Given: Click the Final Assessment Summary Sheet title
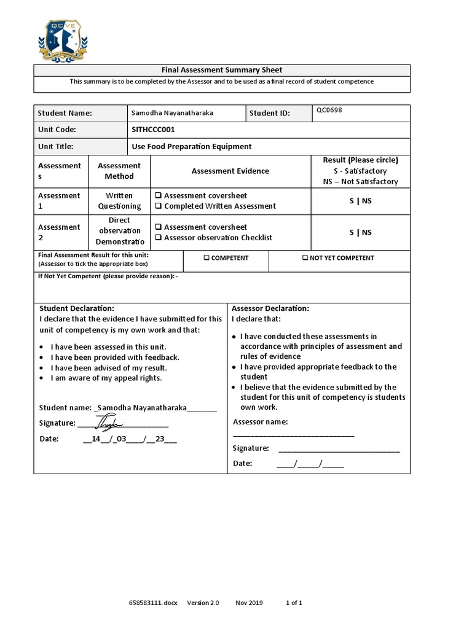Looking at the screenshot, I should point(221,70).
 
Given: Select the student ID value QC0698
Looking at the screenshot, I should point(330,110).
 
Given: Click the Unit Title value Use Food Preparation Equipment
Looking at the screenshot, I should point(192,146).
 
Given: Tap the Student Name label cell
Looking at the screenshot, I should point(65,113).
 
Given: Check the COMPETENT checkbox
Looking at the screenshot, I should point(207,258).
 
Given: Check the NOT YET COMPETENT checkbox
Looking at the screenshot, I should point(305,258).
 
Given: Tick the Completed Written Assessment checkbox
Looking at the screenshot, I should point(159,206).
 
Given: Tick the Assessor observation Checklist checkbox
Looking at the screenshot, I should point(159,238).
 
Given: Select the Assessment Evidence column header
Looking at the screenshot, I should point(230,171).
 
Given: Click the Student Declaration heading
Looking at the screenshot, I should point(77,308).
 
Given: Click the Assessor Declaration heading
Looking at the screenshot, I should point(270,308).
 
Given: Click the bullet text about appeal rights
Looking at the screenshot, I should point(106,378).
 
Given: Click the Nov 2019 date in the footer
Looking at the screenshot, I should point(249,603).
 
